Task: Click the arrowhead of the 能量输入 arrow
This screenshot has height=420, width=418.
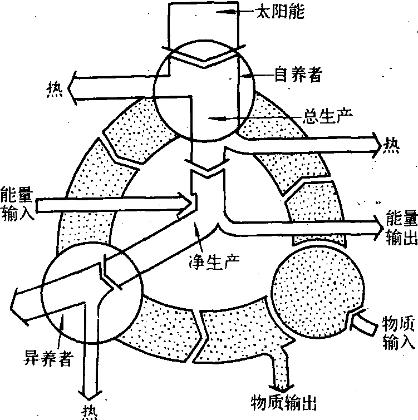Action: click(186, 202)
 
